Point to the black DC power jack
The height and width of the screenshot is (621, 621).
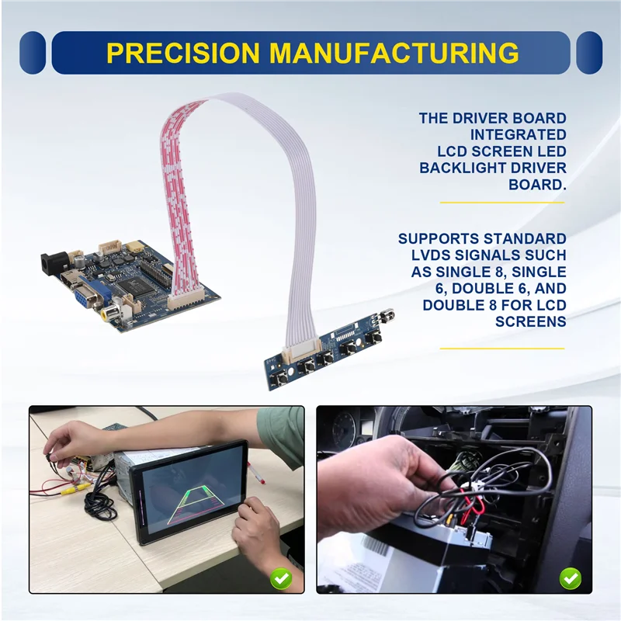click(52, 264)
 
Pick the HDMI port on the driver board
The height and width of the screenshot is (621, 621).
click(68, 281)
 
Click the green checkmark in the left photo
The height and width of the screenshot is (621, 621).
click(281, 578)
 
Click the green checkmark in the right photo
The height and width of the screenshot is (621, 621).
click(571, 578)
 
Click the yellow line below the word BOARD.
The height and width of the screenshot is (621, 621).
click(503, 203)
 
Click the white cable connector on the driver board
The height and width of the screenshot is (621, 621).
click(186, 296)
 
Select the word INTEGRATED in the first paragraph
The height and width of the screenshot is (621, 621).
click(529, 135)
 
